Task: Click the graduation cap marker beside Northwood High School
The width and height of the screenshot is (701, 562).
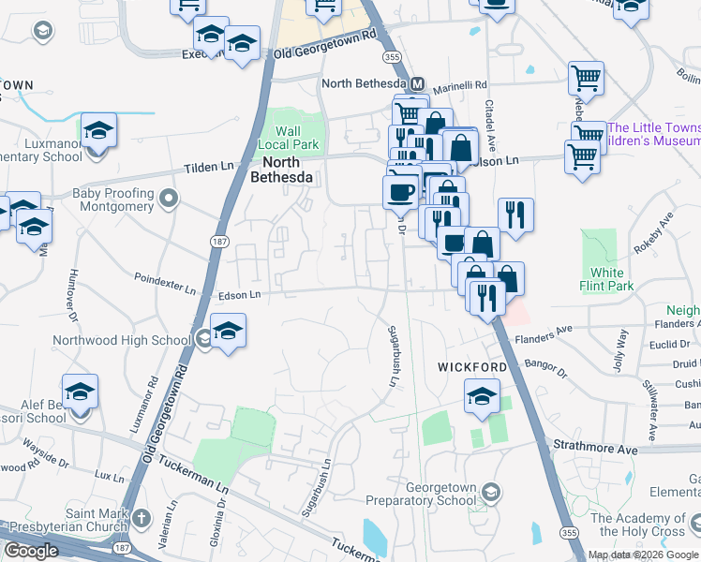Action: (x=227, y=332)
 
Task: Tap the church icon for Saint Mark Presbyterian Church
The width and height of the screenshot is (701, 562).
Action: (x=141, y=518)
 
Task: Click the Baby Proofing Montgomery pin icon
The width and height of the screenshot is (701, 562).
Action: (x=169, y=199)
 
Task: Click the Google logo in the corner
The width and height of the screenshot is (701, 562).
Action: (x=31, y=551)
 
